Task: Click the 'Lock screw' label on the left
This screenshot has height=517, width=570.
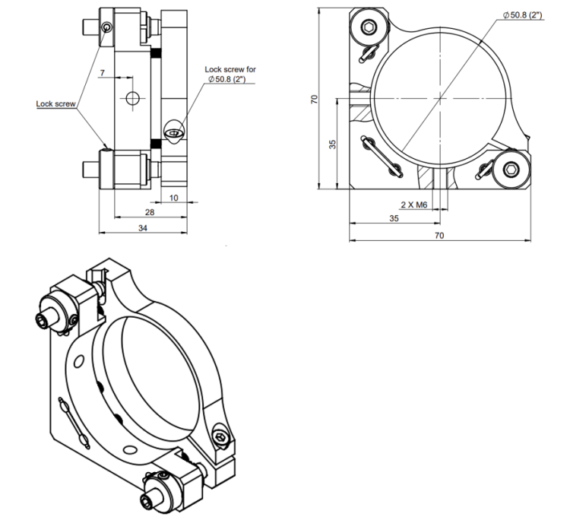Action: click(55, 104)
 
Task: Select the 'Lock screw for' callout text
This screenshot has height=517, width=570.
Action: click(230, 69)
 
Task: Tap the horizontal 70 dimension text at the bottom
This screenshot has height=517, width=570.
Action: click(439, 236)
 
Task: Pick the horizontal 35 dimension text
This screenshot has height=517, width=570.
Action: click(394, 218)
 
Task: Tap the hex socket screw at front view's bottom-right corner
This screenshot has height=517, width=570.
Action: click(510, 170)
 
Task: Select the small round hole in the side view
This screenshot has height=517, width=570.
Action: click(134, 98)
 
